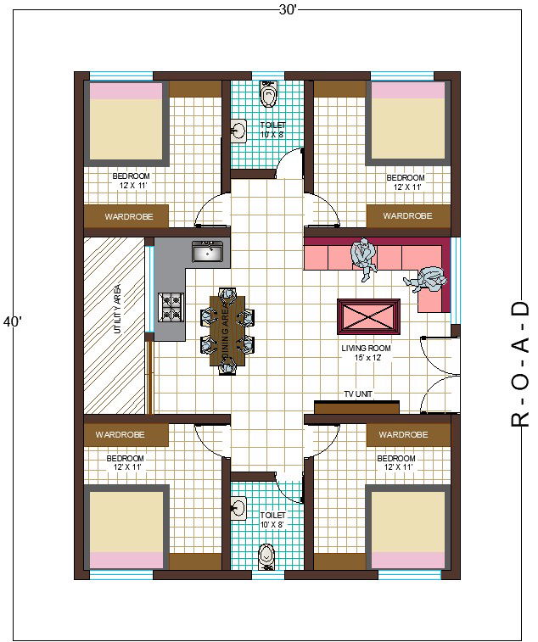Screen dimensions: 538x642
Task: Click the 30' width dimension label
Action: [287, 10]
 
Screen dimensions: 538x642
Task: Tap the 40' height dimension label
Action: [12, 321]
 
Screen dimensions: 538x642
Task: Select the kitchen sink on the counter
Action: [207, 251]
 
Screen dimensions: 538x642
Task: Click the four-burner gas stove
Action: [171, 307]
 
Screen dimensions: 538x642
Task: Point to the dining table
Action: [227, 331]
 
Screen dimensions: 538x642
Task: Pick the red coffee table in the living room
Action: [368, 316]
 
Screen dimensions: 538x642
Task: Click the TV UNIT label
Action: [358, 394]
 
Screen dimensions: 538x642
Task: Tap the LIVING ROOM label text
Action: [366, 348]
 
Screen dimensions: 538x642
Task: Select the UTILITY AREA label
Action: [118, 309]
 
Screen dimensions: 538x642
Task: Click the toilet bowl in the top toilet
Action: [268, 93]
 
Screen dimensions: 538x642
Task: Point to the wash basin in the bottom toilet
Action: [238, 508]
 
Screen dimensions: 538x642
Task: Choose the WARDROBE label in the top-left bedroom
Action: [129, 216]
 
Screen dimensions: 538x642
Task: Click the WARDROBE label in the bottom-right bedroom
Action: [403, 434]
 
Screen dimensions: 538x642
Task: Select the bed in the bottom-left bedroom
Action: [126, 528]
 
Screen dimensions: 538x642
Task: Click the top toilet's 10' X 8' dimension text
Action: [272, 134]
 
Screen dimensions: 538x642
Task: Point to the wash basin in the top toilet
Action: [238, 131]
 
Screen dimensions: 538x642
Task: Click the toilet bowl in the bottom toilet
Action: [266, 557]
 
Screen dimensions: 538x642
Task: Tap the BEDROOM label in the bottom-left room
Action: [125, 458]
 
